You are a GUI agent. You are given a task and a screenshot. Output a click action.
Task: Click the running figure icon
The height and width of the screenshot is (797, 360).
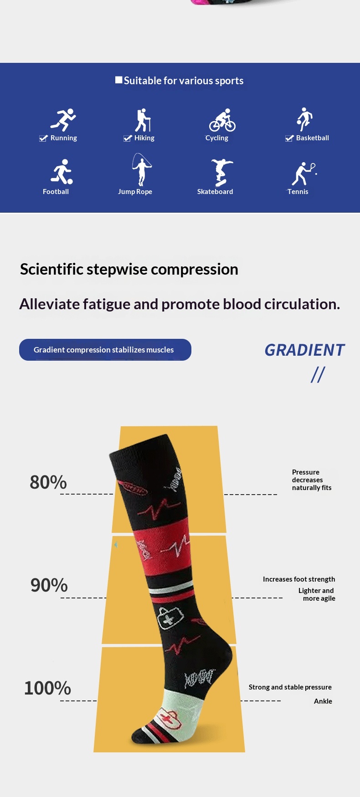[x=63, y=120]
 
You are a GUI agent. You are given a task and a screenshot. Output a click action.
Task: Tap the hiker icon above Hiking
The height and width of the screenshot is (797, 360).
[x=143, y=120]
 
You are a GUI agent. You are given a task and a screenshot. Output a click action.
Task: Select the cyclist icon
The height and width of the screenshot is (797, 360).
[x=222, y=120]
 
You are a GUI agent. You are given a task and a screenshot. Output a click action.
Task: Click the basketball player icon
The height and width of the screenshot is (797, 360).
[x=304, y=119]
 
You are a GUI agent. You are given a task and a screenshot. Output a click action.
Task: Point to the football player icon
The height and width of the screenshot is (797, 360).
[x=62, y=172]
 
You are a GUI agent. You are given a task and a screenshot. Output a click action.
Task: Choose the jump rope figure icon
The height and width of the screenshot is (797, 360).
[x=141, y=170]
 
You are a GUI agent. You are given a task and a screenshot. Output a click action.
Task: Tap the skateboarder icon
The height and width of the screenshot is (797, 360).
[x=222, y=173]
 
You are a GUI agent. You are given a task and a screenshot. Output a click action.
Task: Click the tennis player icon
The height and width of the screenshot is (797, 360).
[x=304, y=174]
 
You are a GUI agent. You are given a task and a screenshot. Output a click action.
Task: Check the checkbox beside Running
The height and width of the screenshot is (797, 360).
[x=43, y=138]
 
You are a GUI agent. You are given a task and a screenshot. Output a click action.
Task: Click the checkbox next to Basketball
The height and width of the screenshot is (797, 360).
[x=289, y=138]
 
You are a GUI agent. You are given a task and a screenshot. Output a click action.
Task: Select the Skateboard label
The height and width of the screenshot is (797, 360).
[x=215, y=192]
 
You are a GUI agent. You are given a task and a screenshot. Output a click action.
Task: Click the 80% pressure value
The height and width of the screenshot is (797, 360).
[x=48, y=482]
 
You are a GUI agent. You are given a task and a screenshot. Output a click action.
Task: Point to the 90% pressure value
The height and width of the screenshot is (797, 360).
[x=49, y=585]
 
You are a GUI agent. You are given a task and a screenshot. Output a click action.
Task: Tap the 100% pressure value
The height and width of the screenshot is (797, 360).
[x=47, y=688]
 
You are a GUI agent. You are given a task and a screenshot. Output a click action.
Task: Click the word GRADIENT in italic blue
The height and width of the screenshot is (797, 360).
[x=304, y=350]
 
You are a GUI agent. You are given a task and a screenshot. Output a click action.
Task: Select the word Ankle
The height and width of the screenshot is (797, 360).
[x=323, y=701]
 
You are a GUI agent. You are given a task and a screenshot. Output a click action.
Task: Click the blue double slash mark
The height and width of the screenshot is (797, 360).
[x=318, y=375]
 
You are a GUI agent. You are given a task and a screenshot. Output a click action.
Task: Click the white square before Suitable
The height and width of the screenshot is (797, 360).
[x=119, y=80]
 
